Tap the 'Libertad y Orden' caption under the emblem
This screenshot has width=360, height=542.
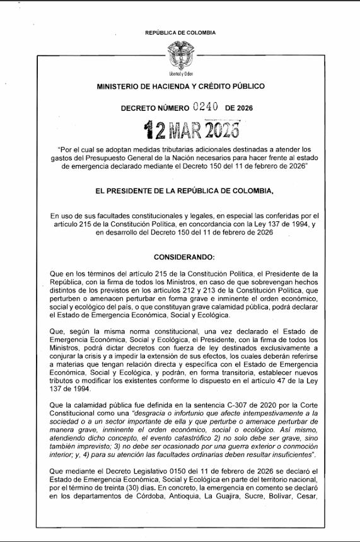pyautogui.click(x=180, y=74)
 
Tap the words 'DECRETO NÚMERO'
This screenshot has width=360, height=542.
pyautogui.click(x=154, y=108)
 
